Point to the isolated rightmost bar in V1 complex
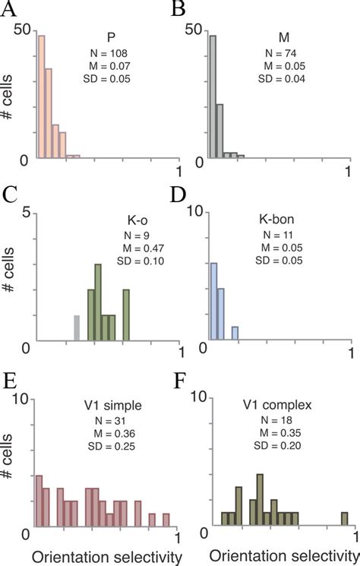click(x=344, y=520)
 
